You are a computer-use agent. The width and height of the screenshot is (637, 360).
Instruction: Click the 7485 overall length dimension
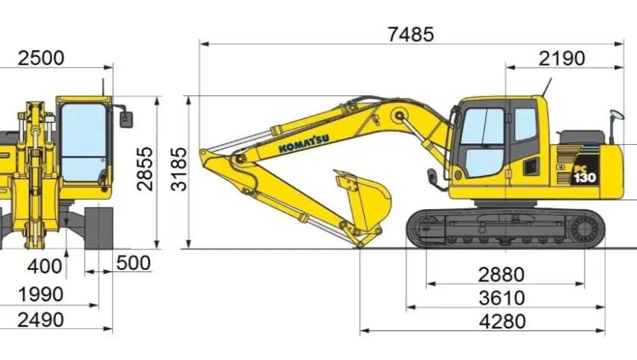tap(411, 34)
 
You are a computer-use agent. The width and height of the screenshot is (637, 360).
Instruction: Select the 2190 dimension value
tap(562, 59)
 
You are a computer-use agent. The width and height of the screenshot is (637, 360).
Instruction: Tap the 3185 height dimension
tap(179, 169)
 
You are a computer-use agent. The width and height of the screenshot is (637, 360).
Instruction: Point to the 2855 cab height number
tap(145, 169)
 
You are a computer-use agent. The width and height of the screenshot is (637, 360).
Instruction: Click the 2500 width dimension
tap(41, 58)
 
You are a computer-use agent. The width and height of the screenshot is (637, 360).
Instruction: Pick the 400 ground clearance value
tap(45, 267)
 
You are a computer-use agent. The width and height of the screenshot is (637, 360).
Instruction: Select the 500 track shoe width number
tap(133, 263)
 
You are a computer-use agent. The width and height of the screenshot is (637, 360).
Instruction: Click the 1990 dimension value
tap(41, 295)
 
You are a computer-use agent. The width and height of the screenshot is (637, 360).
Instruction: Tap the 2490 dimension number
tap(41, 321)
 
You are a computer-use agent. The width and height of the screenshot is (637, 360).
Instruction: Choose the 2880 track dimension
tap(501, 275)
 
